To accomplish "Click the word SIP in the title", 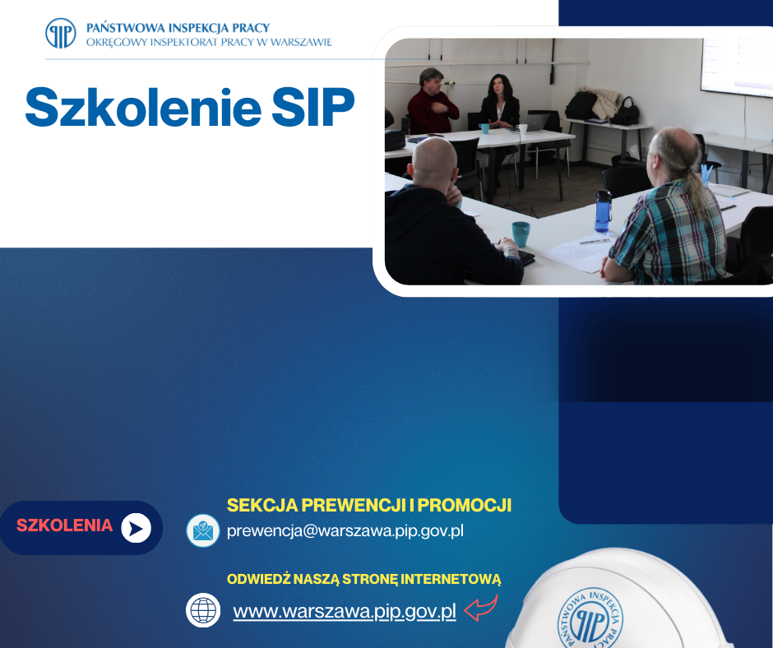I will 313,107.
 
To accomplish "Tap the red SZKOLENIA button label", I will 64,525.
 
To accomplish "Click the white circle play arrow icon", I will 137,527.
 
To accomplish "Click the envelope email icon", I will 202,530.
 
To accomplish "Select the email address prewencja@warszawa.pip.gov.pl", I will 345,530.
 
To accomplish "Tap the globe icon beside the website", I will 203,610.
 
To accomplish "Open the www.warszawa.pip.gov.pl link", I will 345,612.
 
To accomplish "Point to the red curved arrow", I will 481,609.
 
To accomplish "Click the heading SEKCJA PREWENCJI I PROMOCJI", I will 369,504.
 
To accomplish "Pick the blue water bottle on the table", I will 603,211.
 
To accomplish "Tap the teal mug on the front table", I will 521,234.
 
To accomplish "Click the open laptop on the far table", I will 536,122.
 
